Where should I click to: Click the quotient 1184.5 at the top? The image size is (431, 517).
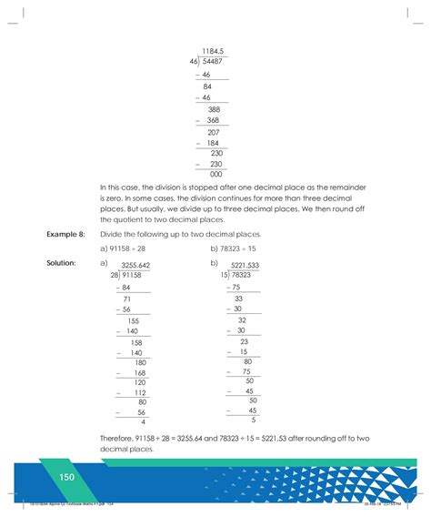point(213,51)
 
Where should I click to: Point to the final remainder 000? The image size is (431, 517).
point(215,174)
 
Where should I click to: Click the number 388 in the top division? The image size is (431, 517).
point(214,109)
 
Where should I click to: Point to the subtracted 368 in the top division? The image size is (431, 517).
point(213,120)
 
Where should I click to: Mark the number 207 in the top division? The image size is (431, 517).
point(214,132)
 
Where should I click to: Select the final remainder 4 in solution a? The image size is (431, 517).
point(144,421)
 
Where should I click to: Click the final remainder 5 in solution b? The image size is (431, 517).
point(254,420)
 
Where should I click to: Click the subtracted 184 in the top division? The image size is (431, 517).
point(213,143)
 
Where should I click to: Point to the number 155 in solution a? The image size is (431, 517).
point(133,320)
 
